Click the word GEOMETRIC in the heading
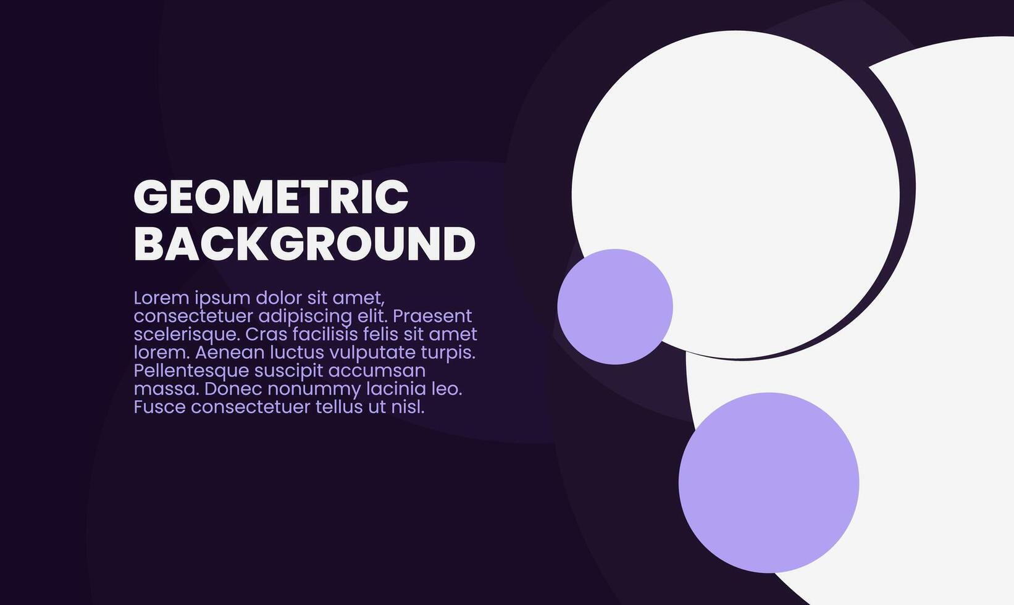[x=271, y=197]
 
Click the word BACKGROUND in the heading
[x=304, y=244]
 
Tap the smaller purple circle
[x=614, y=306]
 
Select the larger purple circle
[x=768, y=482]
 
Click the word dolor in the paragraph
[x=279, y=298]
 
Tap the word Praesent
[x=432, y=316]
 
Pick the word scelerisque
[x=186, y=335]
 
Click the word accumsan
[x=377, y=371]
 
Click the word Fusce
[x=160, y=407]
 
